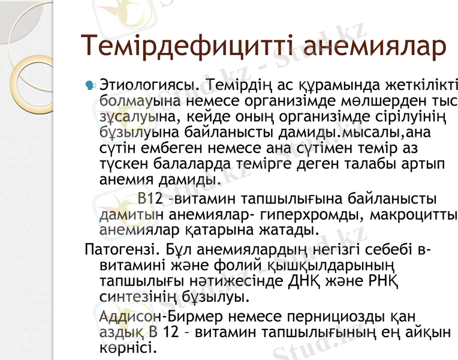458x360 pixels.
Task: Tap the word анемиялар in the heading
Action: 374,47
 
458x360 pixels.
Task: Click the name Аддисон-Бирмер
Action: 156,316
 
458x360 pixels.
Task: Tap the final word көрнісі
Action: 128,348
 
